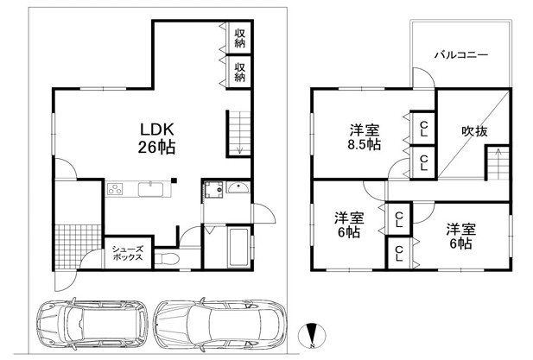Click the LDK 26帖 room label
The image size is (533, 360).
[x=156, y=138]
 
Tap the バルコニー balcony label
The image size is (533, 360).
[x=461, y=54]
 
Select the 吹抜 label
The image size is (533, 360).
[x=474, y=131]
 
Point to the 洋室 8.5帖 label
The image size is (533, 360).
[x=364, y=137]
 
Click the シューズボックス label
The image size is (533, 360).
[x=128, y=253]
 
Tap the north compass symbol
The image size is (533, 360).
[x=312, y=336]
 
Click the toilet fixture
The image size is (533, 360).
[x=167, y=260]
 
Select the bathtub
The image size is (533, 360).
[x=238, y=247]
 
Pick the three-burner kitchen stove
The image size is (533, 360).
[x=115, y=189]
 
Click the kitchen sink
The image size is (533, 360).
[x=150, y=189]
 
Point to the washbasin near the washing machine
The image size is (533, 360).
[x=238, y=187]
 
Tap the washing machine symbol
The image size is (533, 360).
[x=213, y=190]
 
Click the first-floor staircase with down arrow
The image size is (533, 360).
[x=239, y=134]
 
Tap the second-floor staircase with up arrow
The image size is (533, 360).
[x=498, y=164]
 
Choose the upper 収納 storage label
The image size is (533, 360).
[x=239, y=38]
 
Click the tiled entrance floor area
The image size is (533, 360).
[x=79, y=247]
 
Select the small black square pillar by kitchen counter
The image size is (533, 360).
[x=174, y=180]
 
